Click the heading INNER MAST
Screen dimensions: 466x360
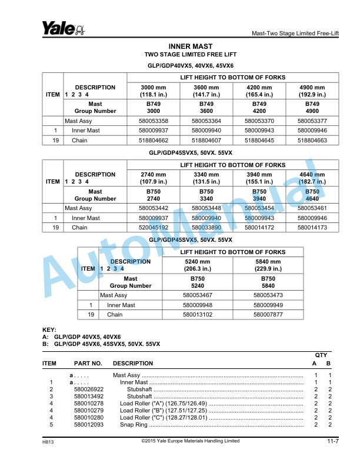190,46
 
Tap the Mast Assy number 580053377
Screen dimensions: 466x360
312,121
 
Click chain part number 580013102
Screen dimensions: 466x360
198,315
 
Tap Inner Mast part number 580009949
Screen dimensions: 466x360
268,305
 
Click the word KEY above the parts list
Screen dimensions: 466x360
49,329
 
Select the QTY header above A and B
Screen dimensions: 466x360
322,355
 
